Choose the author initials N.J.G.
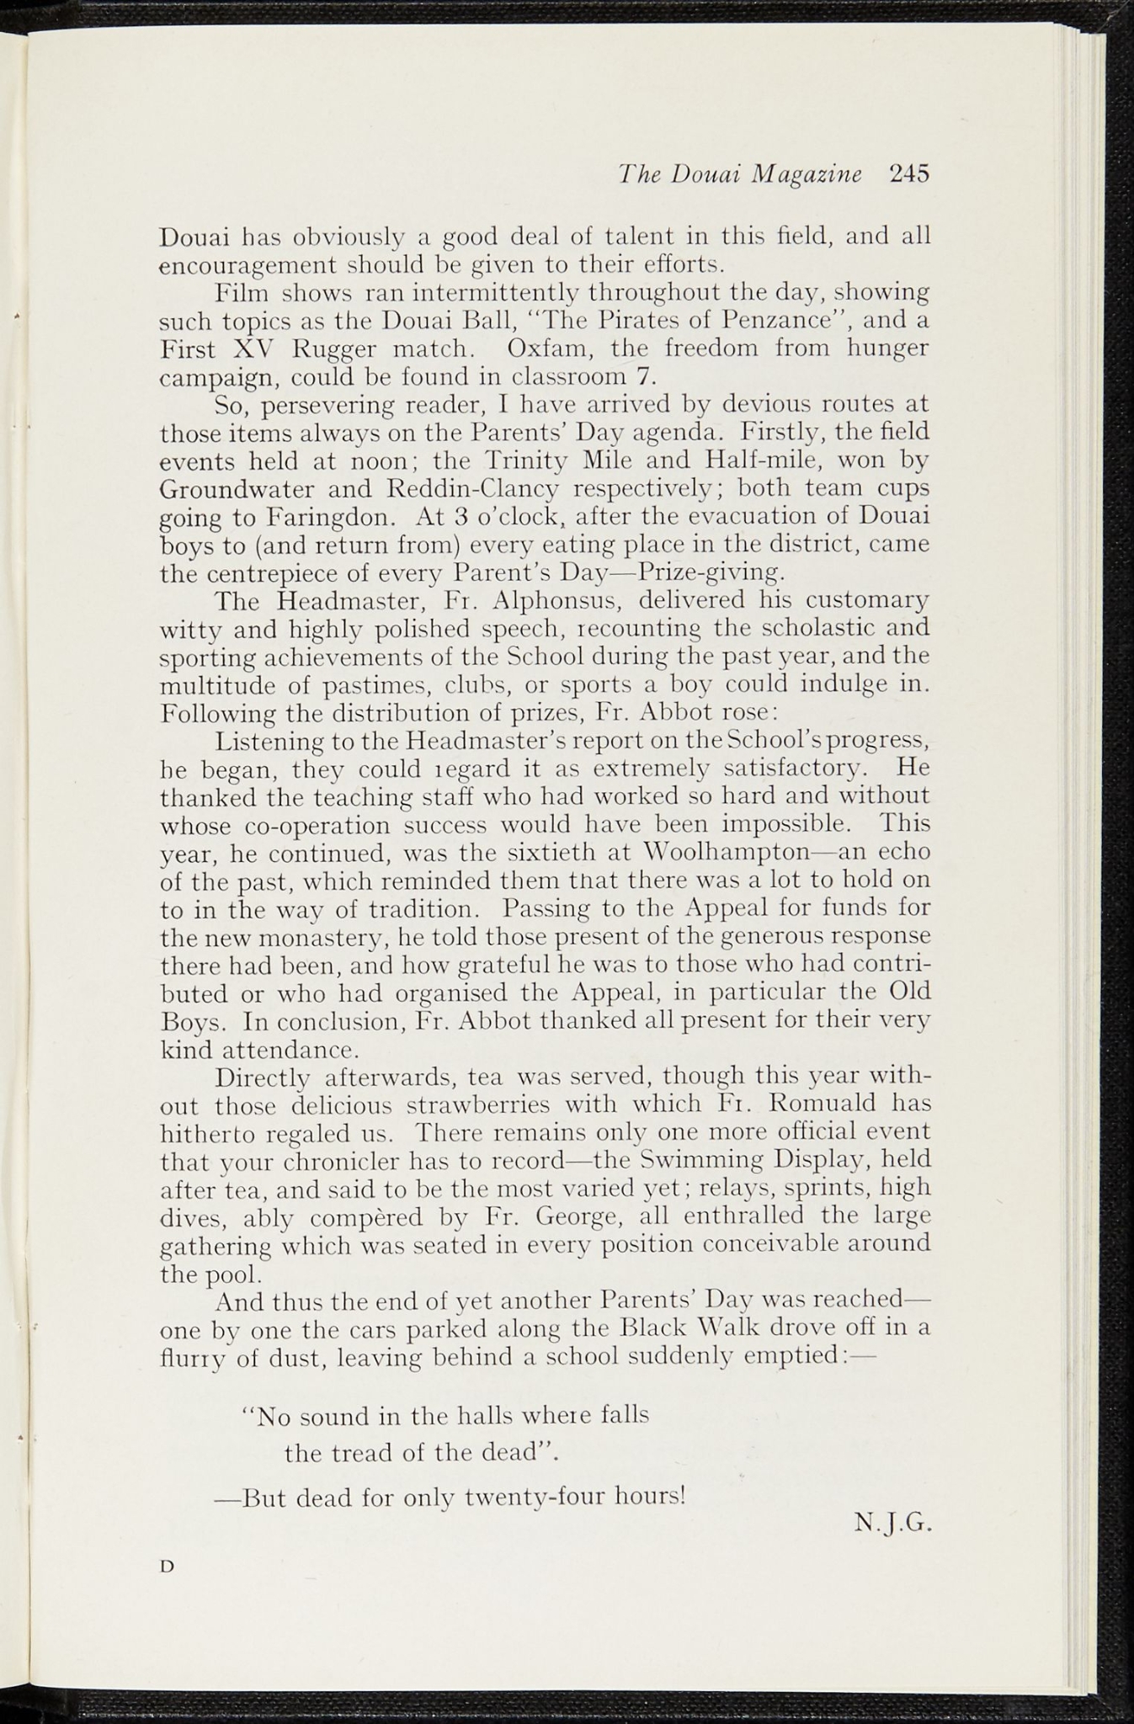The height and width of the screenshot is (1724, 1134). tap(892, 1523)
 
